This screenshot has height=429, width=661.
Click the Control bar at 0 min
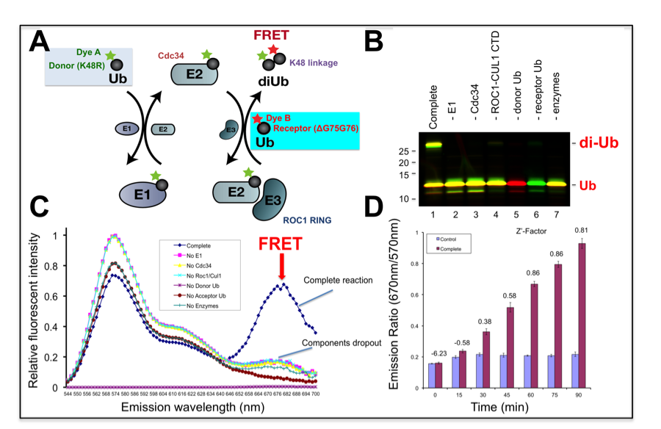point(431,373)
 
